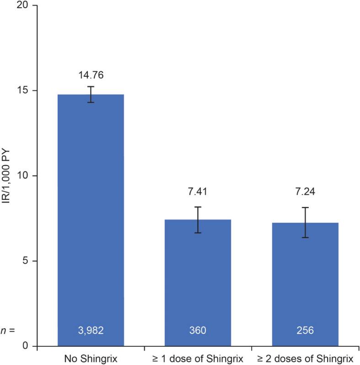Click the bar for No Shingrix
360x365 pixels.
point(91,220)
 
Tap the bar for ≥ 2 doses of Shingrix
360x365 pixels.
point(305,284)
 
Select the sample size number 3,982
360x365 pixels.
point(91,330)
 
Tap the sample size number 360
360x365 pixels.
point(198,330)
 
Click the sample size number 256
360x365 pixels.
point(305,330)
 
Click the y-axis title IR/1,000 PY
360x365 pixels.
point(6,176)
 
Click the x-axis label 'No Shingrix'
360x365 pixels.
point(91,358)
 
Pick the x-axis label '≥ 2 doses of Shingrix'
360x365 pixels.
point(305,358)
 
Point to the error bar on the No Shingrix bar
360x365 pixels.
point(91,94)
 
